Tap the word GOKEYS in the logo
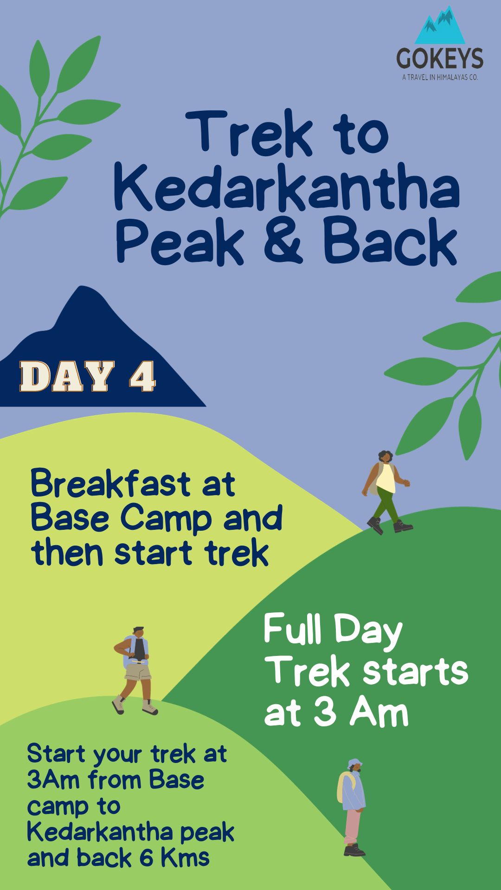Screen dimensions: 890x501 point(439,59)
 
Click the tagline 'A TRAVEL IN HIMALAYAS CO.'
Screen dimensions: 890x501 point(439,77)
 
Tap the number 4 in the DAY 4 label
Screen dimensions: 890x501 point(142,376)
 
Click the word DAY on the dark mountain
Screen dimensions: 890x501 point(67,376)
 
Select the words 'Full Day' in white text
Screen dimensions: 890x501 point(333,630)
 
